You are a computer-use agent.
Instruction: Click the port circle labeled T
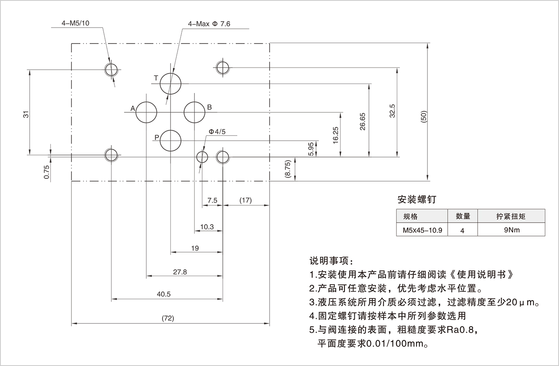pyautogui.click(x=171, y=83)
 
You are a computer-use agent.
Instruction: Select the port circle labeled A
pyautogui.click(x=146, y=112)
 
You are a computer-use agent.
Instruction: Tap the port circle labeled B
pyautogui.click(x=195, y=112)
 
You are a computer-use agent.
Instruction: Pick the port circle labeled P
pyautogui.click(x=171, y=141)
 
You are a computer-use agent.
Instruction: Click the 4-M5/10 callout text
pyautogui.click(x=76, y=24)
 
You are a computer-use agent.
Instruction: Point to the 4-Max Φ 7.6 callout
pyautogui.click(x=209, y=24)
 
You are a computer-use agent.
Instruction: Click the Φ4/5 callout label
pyautogui.click(x=217, y=132)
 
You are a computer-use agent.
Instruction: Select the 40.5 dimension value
pyautogui.click(x=164, y=294)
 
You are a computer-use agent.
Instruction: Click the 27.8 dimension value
pyautogui.click(x=180, y=272)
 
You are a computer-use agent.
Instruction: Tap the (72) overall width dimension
pyautogui.click(x=167, y=318)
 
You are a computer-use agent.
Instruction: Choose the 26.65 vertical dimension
pyautogui.click(x=362, y=121)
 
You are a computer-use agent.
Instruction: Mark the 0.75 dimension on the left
pyautogui.click(x=46, y=172)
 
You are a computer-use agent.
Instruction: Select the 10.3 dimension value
pyautogui.click(x=207, y=227)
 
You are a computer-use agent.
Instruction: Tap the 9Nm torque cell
pyautogui.click(x=512, y=230)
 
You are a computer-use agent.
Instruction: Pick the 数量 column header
pyautogui.click(x=462, y=216)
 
